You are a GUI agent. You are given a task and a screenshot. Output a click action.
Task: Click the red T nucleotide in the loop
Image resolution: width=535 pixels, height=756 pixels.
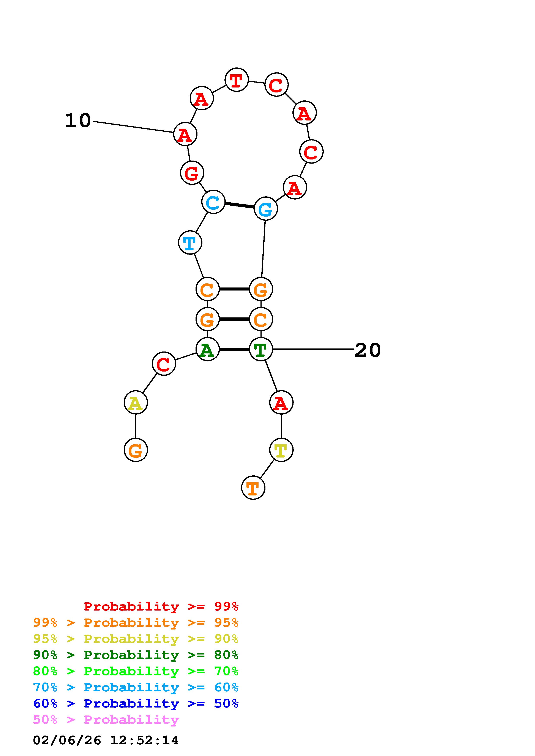[236, 80]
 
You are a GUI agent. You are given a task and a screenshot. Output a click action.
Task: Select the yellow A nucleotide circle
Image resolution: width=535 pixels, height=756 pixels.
[136, 403]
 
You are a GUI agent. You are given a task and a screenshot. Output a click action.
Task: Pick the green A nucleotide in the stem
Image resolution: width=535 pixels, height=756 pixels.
[207, 349]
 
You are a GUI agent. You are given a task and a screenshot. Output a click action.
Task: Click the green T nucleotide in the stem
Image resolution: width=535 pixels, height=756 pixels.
[261, 349]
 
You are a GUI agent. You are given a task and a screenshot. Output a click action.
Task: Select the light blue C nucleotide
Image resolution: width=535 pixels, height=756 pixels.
[213, 202]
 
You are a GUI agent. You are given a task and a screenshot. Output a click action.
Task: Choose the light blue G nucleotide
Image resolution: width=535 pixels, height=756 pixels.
[266, 209]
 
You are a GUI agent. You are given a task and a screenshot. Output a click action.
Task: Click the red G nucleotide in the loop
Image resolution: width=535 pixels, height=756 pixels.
[192, 173]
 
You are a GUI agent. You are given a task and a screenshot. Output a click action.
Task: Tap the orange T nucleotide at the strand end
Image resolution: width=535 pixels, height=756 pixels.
[253, 488]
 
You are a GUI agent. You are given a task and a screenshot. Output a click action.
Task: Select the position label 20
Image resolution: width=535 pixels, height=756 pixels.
[368, 350]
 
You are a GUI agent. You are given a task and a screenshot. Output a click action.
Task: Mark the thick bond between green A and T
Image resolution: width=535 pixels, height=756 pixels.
[234, 349]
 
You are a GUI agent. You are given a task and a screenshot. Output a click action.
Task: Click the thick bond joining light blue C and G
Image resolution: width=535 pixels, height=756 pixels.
[239, 205]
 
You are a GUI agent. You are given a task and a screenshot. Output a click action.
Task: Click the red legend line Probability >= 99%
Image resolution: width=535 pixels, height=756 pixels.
[161, 606]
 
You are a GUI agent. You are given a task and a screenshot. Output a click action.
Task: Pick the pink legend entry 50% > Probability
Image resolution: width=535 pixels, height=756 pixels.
[106, 720]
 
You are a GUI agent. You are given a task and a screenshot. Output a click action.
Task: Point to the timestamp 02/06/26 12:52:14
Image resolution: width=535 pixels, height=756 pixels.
[106, 740]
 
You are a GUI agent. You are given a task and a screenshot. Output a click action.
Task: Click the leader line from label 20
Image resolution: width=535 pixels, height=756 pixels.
[313, 349]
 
